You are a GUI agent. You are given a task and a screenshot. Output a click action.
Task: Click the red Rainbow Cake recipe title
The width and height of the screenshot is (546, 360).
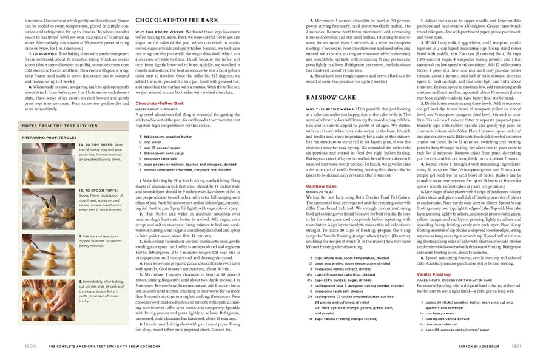pyautogui.click(x=321, y=185)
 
